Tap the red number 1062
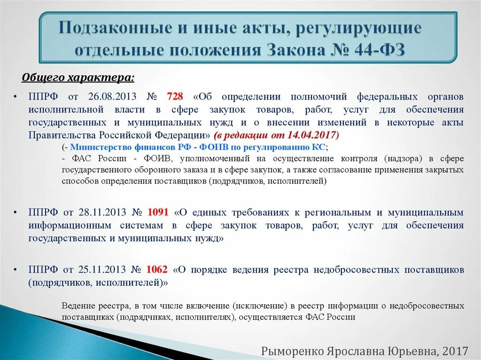(157, 270)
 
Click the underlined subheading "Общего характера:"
(78, 77)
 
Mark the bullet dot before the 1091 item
(16, 212)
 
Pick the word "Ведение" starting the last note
(77, 306)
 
